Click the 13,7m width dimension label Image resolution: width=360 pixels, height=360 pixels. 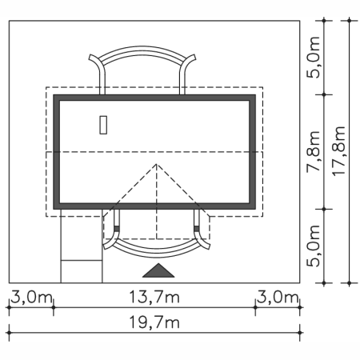tap(154, 297)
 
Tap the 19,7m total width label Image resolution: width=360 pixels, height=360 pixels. tap(154, 322)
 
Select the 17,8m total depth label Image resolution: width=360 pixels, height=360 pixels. tap(339, 151)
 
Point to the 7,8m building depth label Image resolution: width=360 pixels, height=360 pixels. tap(314, 151)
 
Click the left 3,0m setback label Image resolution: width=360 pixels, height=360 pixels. tap(31, 297)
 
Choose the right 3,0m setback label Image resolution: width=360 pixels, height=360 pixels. tap(278, 297)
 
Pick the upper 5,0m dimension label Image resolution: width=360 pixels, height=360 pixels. tap(314, 58)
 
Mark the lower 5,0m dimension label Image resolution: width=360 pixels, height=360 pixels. tap(314, 246)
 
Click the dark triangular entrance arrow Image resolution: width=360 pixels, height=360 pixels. tap(158, 272)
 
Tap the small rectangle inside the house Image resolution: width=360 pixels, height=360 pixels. tap(103, 125)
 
